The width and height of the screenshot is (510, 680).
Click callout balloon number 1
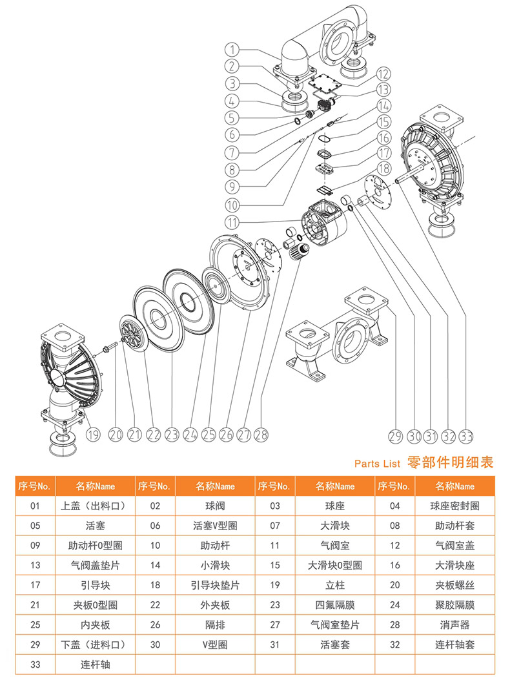pos(234,48)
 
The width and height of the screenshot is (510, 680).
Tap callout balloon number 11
pos(234,223)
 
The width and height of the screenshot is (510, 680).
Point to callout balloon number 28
pos(261,435)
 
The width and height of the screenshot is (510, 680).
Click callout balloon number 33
pos(466,435)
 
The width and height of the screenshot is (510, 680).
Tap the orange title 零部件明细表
pos(450,462)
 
